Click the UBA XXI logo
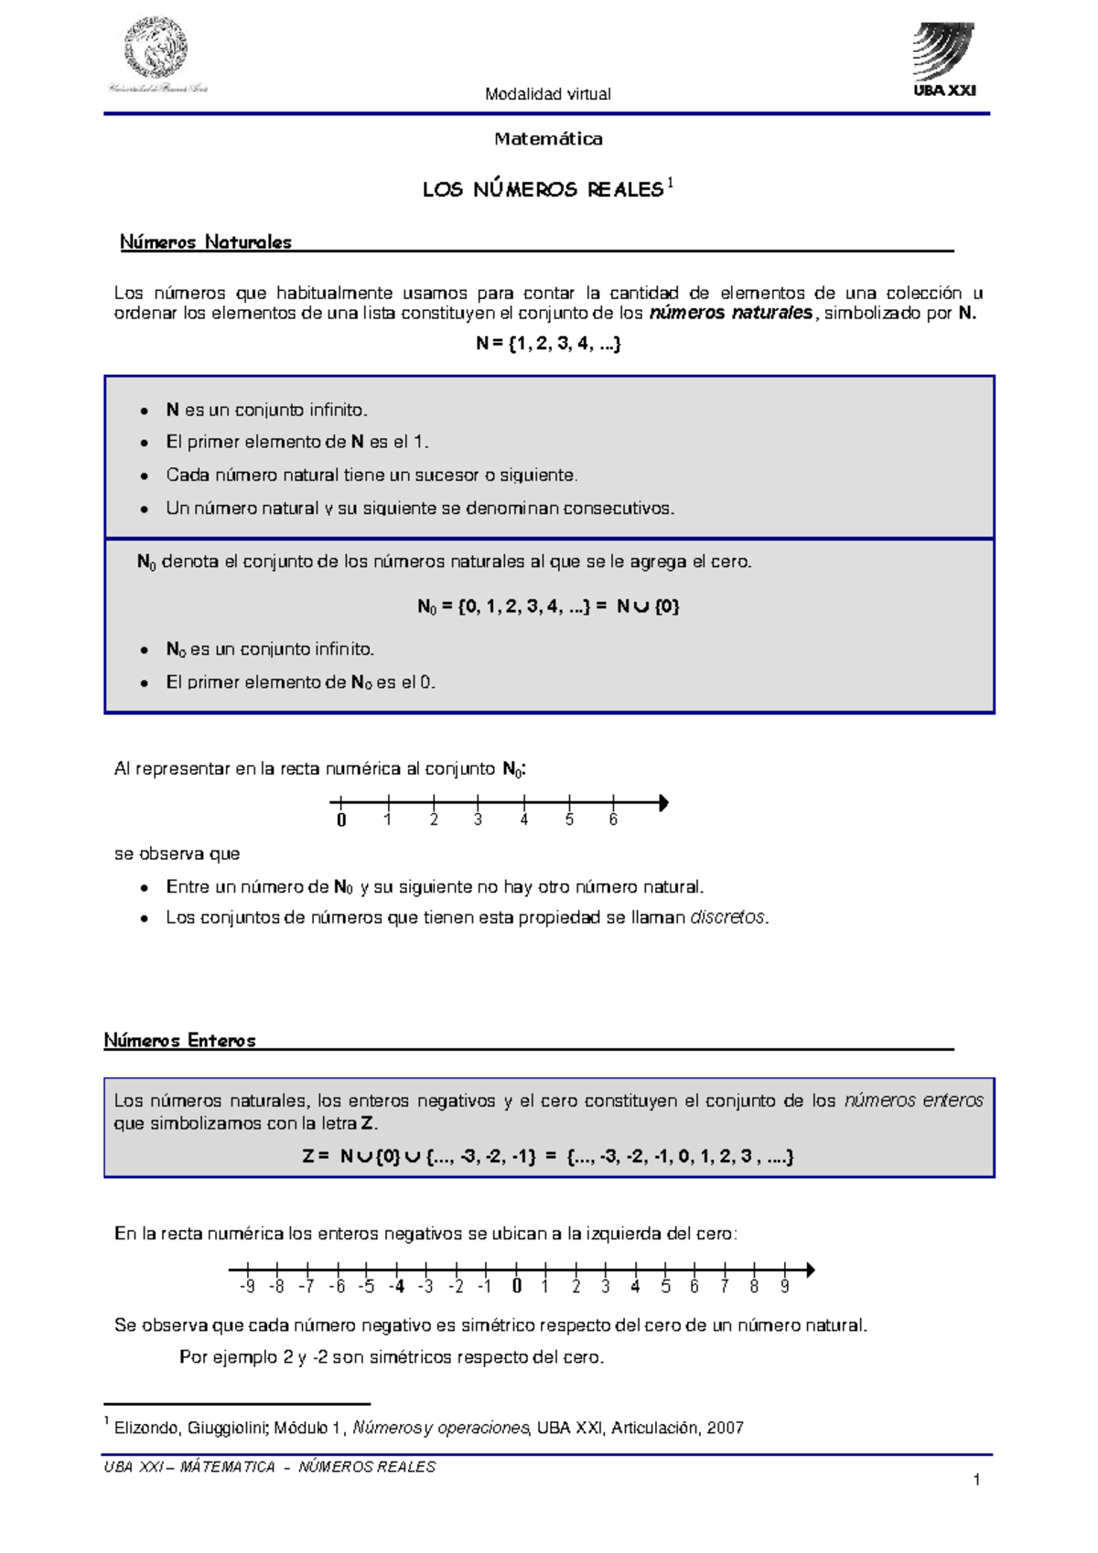click(x=944, y=60)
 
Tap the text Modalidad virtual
click(x=547, y=94)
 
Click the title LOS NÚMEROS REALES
click(x=542, y=189)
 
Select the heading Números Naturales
click(x=206, y=242)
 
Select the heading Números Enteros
click(x=179, y=1041)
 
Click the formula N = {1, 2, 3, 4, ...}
click(x=548, y=344)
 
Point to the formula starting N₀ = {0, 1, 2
click(x=548, y=606)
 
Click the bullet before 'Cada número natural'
click(x=145, y=477)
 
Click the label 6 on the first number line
click(x=613, y=820)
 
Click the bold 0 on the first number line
click(x=341, y=820)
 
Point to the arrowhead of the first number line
click(x=663, y=803)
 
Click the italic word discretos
click(x=727, y=917)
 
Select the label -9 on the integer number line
click(x=247, y=1287)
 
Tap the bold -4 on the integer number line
click(x=396, y=1287)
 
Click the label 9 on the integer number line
click(x=784, y=1287)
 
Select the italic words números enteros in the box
click(x=913, y=1101)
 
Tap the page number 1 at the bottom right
click(x=977, y=1480)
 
